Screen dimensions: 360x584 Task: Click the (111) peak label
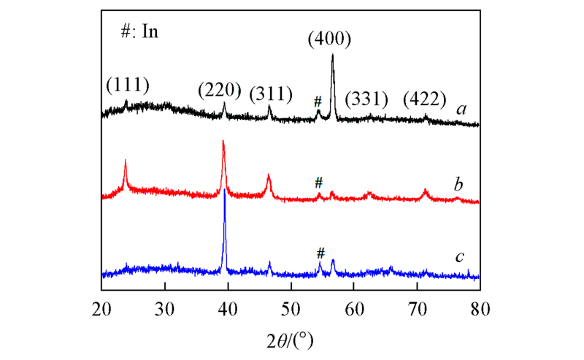point(128,85)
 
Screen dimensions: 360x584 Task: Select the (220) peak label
point(220,91)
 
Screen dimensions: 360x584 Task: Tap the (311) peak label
point(272,93)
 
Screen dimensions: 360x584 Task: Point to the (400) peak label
point(330,39)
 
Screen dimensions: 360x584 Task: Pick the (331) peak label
point(366,99)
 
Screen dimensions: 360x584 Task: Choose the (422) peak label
point(427,99)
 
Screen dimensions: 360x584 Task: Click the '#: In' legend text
point(140,32)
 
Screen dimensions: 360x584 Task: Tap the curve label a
point(461,110)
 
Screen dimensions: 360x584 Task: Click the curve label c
point(460,256)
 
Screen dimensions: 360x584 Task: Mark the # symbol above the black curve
point(318,102)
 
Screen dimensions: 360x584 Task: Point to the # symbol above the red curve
point(318,182)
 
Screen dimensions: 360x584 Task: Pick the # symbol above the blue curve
point(320,253)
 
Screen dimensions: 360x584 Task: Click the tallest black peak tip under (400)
point(333,55)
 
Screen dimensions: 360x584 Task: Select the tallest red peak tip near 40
point(223,142)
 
